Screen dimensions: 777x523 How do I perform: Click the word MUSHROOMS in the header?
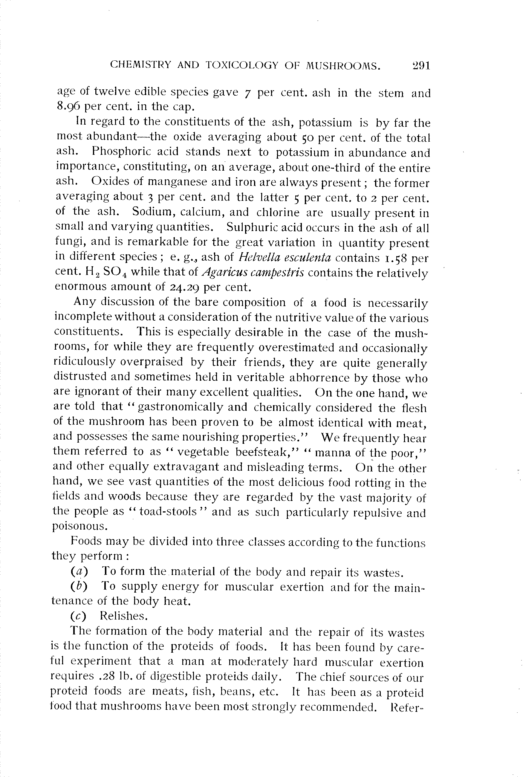[343, 66]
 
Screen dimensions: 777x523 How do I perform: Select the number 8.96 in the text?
[68, 106]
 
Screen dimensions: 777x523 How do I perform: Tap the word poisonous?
[80, 526]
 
